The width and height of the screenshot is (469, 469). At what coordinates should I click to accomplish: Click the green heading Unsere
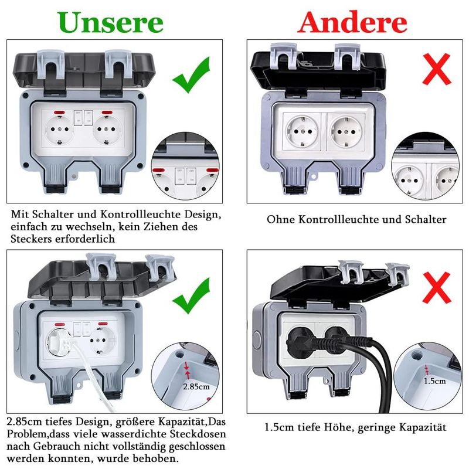pyautogui.click(x=111, y=23)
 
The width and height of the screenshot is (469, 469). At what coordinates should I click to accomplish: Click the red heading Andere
pyautogui.click(x=352, y=23)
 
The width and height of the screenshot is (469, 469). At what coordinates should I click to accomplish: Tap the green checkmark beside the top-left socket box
pyautogui.click(x=192, y=76)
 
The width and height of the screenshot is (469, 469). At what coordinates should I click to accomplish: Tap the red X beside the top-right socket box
pyautogui.click(x=436, y=69)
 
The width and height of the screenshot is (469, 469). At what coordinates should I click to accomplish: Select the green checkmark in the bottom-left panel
pyautogui.click(x=192, y=296)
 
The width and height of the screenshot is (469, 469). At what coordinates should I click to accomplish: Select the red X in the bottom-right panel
pyautogui.click(x=436, y=287)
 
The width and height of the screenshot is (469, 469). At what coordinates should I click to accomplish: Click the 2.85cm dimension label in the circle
pyautogui.click(x=196, y=387)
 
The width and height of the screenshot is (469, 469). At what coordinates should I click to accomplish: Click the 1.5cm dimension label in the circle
pyautogui.click(x=434, y=381)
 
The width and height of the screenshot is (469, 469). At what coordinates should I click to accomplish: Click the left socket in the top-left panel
pyautogui.click(x=59, y=130)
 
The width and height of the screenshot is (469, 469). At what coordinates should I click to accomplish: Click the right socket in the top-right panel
pyautogui.click(x=346, y=131)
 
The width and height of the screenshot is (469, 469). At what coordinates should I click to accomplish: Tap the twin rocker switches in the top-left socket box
pyautogui.click(x=83, y=118)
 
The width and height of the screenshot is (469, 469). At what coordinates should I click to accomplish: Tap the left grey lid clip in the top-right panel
pyautogui.click(x=283, y=56)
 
